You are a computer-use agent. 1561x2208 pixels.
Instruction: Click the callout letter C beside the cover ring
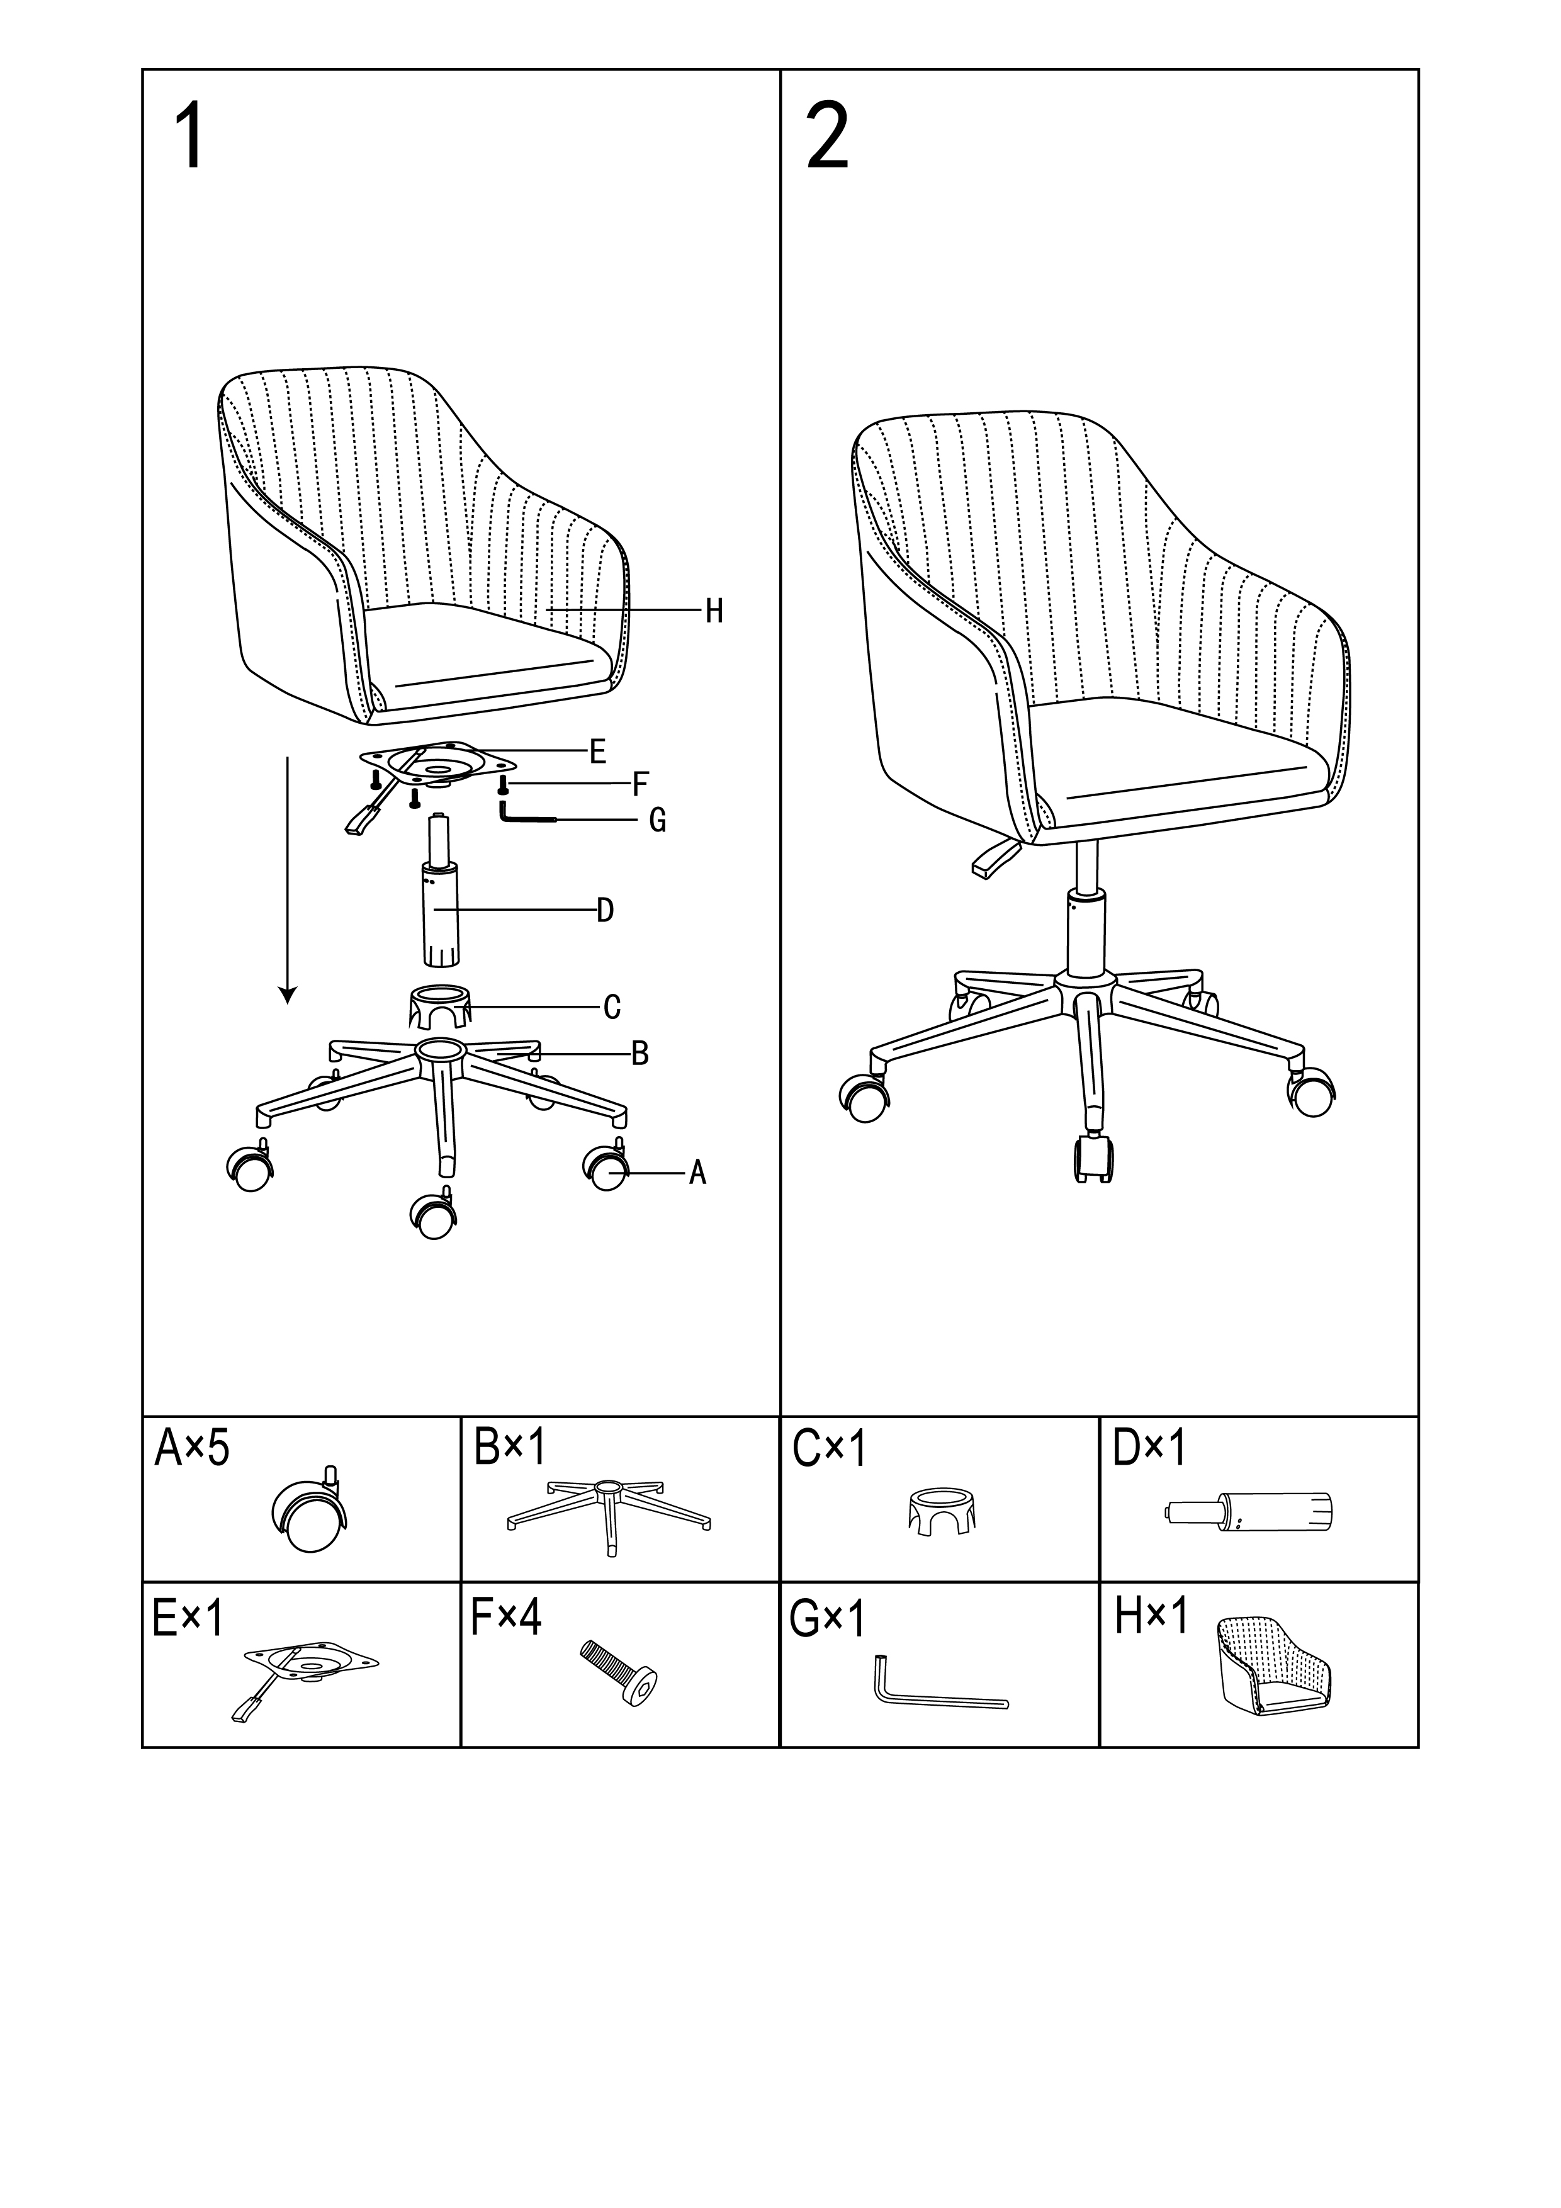(x=612, y=1008)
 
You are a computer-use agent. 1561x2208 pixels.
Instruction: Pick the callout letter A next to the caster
(x=697, y=1173)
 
